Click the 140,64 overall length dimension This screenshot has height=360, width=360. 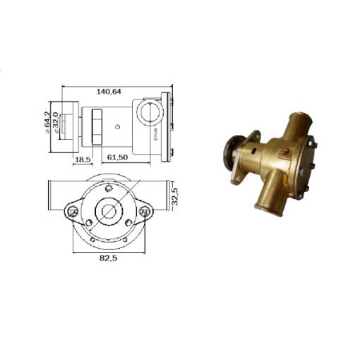(x=107, y=90)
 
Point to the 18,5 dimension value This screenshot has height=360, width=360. (x=82, y=160)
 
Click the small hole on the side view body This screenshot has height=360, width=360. (x=118, y=128)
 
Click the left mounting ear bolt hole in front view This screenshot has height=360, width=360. (x=73, y=211)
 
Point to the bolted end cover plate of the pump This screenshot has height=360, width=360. (x=306, y=159)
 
